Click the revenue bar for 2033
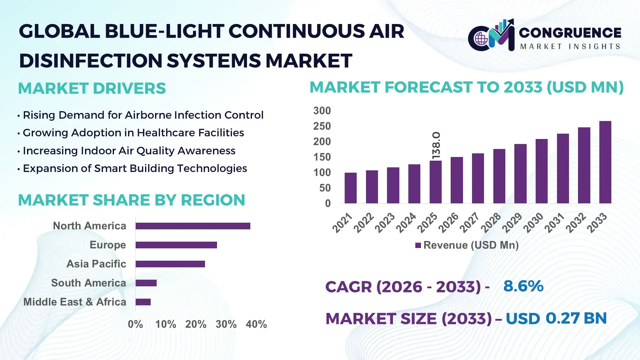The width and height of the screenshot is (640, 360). pos(605,162)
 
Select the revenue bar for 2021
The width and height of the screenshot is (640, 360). pos(350,188)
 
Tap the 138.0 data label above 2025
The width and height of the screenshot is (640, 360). pos(436,145)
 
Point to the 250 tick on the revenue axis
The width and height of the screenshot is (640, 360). pos(322,126)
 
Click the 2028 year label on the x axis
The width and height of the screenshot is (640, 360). pos(491,223)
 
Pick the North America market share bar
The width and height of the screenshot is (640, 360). pos(193,226)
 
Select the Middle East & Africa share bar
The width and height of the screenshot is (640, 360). pos(143,302)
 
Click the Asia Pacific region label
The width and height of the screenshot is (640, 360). pos(96,264)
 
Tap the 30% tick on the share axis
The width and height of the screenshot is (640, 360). pos(226,324)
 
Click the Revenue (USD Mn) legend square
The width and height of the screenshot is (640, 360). pos(418,246)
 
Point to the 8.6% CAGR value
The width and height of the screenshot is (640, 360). pos(523,286)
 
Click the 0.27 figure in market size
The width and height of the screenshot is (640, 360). pos(562,318)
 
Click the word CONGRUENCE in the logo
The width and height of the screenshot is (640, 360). pos(570,33)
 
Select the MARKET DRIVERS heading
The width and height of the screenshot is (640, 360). pos(92,89)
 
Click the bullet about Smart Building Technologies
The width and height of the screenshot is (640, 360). pos(135,169)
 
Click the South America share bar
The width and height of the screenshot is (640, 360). pos(146,283)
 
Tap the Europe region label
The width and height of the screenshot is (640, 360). pos(108,245)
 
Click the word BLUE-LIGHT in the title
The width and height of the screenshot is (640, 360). pos(164,32)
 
